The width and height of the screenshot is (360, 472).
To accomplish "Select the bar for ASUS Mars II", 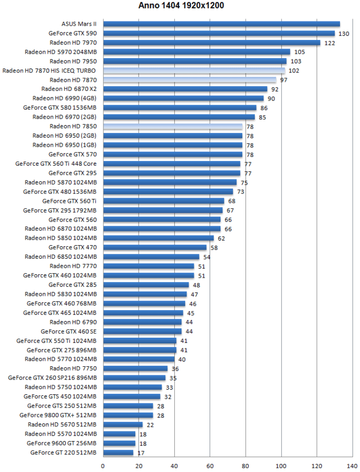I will point(221,24).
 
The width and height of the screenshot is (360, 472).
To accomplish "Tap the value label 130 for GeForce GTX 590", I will point(344,34).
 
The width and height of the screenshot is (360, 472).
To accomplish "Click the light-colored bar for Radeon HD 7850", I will point(173,126).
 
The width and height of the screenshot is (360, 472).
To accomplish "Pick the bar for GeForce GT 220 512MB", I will point(118,452).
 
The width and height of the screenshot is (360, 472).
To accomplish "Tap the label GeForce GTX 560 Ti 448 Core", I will point(56,163).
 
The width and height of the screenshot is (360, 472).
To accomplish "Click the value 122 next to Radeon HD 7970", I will point(330,43).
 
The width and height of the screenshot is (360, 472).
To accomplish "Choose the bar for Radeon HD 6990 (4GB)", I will point(183,98).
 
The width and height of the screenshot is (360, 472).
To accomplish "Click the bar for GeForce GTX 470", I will point(155,247).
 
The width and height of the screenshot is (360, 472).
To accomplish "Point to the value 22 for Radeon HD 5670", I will point(150,425).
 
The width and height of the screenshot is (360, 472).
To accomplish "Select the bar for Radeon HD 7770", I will point(149,266).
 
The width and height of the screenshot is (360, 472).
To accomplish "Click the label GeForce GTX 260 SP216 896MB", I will point(52,378).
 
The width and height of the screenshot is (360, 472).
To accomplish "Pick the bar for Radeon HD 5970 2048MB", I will point(197,52).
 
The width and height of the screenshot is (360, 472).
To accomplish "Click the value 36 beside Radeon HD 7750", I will point(175,369).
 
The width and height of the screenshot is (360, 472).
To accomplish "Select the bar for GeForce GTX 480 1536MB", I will point(168,191).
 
